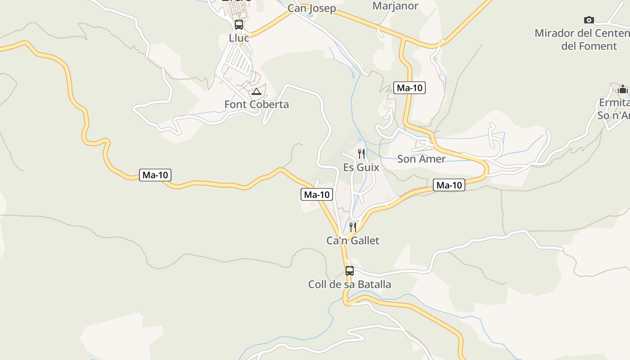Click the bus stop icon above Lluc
click(239, 25)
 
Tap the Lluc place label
click(239, 38)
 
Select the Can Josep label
click(312, 8)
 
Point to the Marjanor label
click(395, 6)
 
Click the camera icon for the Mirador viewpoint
click(589, 20)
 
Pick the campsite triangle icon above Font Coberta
click(256, 92)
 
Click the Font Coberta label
click(256, 104)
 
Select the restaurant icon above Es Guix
click(361, 154)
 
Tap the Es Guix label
click(361, 167)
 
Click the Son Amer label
click(421, 159)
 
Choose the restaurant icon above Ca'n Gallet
click(353, 227)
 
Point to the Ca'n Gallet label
click(353, 241)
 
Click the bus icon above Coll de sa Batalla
click(350, 271)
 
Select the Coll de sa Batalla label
click(350, 284)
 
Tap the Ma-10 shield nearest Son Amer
click(449, 185)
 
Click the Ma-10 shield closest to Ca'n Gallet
click(317, 194)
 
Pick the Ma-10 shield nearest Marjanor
click(409, 88)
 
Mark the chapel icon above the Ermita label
click(623, 89)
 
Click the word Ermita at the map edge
click(614, 103)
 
